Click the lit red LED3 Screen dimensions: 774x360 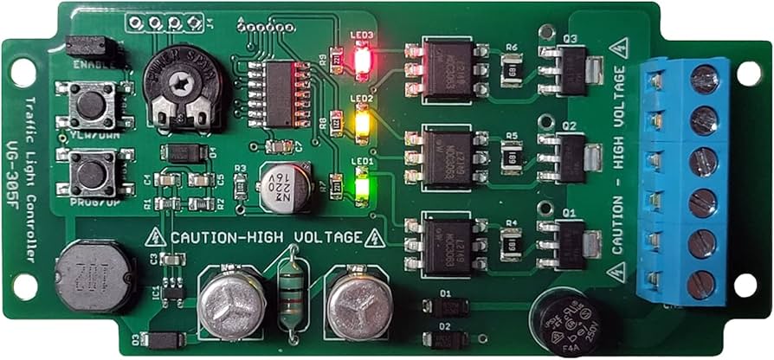(362, 59)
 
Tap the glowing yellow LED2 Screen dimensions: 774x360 (362, 125)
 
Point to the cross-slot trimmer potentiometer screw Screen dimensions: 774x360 (179, 84)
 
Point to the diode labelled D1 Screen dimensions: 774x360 (448, 307)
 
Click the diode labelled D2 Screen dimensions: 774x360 (448, 339)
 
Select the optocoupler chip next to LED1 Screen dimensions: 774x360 (448, 247)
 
